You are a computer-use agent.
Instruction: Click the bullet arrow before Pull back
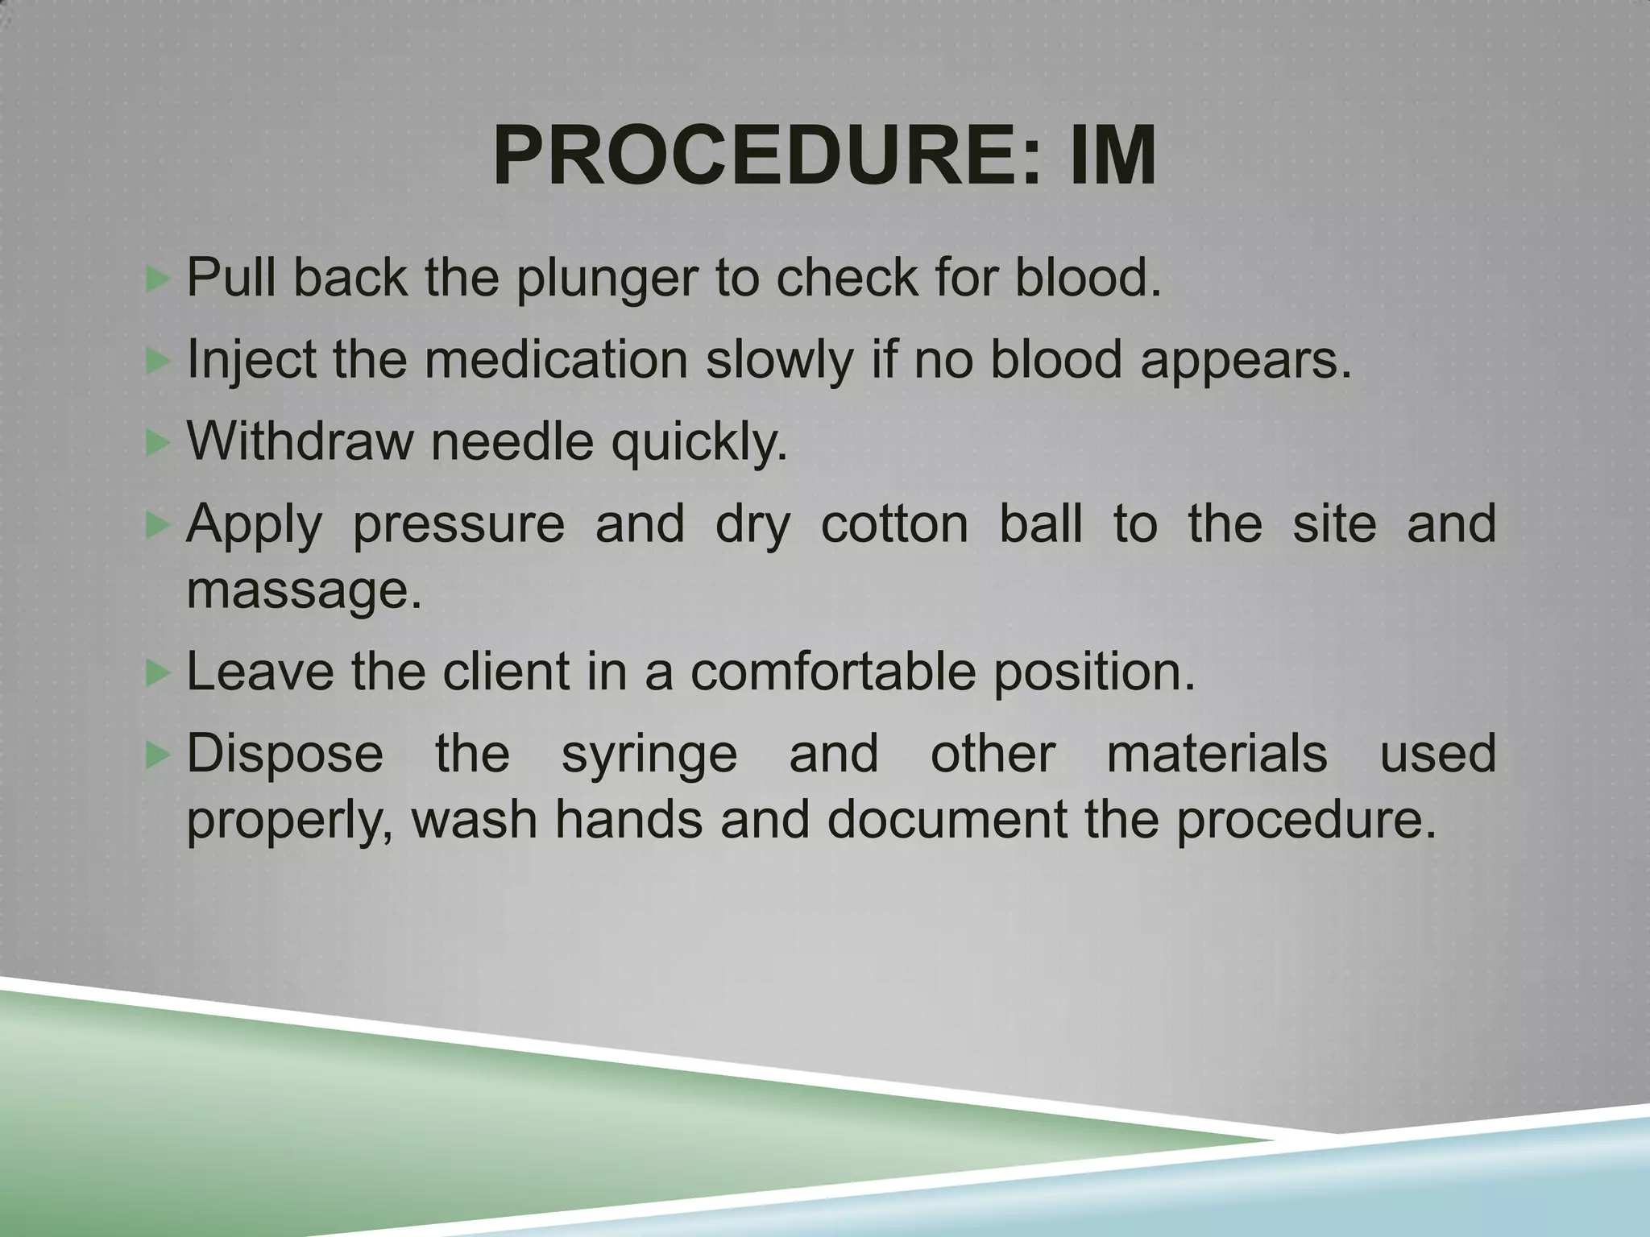159,279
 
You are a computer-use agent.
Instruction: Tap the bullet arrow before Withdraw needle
159,442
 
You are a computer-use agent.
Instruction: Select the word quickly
699,442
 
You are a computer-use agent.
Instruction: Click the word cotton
894,523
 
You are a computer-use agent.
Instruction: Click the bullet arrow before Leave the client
159,672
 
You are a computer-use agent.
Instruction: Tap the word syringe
649,755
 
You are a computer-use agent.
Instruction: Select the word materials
1217,754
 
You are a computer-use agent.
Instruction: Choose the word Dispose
285,755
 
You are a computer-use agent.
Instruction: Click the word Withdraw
299,442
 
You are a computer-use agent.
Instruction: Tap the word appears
1246,361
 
